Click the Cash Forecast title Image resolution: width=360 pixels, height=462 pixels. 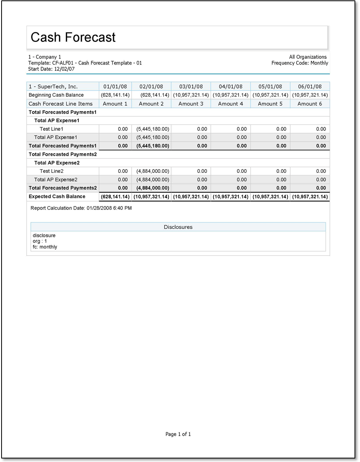coord(73,37)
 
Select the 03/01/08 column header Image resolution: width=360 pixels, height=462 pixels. coord(191,87)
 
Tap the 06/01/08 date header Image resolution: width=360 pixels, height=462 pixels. coord(309,87)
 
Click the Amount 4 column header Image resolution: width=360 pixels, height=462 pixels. coord(230,104)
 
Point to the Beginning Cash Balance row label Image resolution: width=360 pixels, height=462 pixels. coord(56,95)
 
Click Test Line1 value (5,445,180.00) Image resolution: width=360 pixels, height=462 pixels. coord(152,129)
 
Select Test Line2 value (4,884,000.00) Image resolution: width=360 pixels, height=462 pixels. coord(152,171)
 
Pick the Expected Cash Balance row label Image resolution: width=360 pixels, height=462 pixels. coord(57,197)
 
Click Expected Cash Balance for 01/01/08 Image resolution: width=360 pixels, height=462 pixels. coord(115,197)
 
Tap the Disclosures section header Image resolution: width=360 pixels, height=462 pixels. coord(178,227)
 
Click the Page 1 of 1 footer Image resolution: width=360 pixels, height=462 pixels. coord(178,434)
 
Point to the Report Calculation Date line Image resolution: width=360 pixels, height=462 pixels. coord(81,208)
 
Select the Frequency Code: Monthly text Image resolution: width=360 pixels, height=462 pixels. coord(300,63)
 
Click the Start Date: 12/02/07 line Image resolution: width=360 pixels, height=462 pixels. coord(51,69)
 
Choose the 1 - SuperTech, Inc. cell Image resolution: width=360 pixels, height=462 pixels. coord(53,87)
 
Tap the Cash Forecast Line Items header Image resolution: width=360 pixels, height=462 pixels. coord(61,104)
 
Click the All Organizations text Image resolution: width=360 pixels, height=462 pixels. coord(308,57)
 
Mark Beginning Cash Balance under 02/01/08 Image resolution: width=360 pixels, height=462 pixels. coord(154,95)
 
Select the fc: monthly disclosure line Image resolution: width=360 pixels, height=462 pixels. coord(45,247)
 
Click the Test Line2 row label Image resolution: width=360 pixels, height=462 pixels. coord(51,171)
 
